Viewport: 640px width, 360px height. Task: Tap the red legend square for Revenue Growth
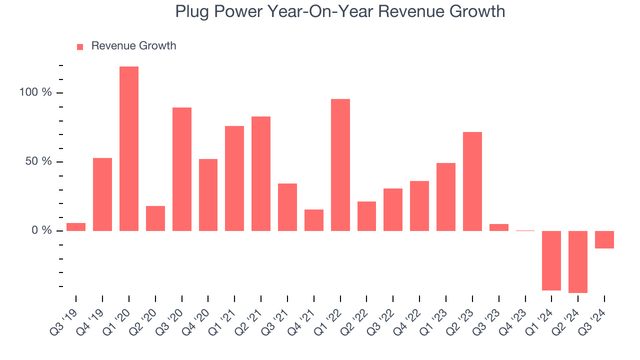click(x=80, y=46)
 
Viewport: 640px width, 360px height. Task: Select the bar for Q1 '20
click(x=129, y=148)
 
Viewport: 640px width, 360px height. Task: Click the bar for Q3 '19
click(x=76, y=227)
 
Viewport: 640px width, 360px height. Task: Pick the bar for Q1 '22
click(x=340, y=165)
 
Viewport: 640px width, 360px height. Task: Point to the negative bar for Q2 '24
click(x=578, y=261)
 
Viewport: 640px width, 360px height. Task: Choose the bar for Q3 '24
click(x=604, y=239)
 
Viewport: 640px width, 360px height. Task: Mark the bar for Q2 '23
click(x=472, y=181)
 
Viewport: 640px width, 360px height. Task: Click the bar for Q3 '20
click(x=182, y=169)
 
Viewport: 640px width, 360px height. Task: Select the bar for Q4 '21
click(x=314, y=220)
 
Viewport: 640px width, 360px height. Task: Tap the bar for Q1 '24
click(x=551, y=260)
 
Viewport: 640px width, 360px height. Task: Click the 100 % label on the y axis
click(x=35, y=93)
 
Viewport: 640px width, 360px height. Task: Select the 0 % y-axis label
click(x=40, y=230)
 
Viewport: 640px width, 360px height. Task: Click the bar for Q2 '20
click(x=155, y=218)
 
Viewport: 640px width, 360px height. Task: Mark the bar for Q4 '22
click(x=419, y=206)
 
